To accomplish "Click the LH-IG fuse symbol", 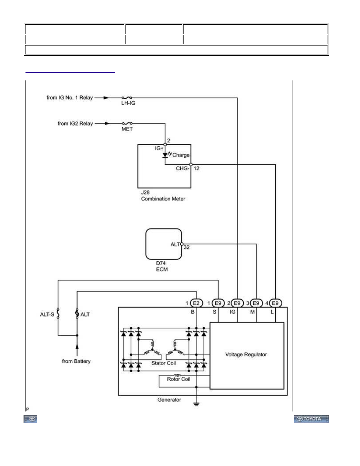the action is click(x=127, y=98).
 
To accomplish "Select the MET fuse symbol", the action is click(x=127, y=123).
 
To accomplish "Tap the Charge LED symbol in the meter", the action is click(x=165, y=155).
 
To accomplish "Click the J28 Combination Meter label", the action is click(x=163, y=196).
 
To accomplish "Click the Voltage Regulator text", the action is click(x=246, y=354).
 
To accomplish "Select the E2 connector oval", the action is click(x=196, y=303).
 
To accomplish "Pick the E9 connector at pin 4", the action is click(x=275, y=303).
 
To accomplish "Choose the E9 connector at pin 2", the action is click(x=237, y=303).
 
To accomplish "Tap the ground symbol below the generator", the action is click(x=196, y=404).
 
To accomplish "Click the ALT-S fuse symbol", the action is click(x=58, y=313).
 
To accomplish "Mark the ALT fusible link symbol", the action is click(x=77, y=313).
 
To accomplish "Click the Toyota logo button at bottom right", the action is click(x=311, y=419).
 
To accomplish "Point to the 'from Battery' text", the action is click(x=76, y=361).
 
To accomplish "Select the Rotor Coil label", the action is click(x=178, y=379).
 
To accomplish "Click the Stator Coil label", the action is click(x=164, y=363).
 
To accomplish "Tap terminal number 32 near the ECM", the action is click(x=187, y=247).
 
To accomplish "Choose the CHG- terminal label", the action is click(x=182, y=168).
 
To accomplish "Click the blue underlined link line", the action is click(x=70, y=72).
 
